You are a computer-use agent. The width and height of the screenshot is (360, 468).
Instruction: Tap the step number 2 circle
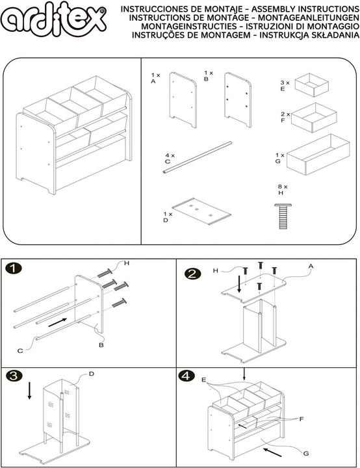[192, 274]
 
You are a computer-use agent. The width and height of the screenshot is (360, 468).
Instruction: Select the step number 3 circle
[13, 376]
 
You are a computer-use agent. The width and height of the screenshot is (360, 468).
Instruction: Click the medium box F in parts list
[313, 116]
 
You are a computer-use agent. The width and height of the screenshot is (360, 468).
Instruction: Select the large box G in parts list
[318, 155]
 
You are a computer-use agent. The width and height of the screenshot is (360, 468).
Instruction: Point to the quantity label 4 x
[170, 155]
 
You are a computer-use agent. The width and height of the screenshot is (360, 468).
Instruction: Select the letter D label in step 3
[91, 374]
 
